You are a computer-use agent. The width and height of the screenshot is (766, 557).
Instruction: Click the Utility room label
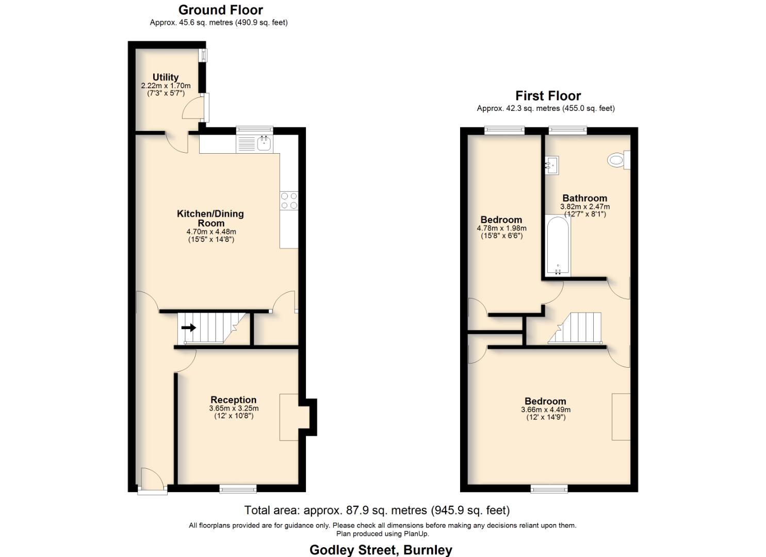tap(166, 77)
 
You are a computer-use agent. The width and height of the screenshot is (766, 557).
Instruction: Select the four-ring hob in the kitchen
tap(289, 201)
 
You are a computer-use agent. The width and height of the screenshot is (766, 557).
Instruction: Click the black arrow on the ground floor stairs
tap(188, 327)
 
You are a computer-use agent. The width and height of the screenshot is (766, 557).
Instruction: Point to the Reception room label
tap(233, 400)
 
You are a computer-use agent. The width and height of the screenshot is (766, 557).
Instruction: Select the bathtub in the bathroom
tap(558, 245)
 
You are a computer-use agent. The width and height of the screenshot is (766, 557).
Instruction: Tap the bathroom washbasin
tap(550, 166)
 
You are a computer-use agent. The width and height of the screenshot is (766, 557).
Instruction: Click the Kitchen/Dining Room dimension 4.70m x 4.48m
tap(211, 232)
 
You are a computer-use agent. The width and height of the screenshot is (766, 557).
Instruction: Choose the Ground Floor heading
tap(220, 10)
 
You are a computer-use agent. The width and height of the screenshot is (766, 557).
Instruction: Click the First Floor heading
tap(548, 96)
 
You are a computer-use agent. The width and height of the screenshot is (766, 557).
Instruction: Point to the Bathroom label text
tap(584, 198)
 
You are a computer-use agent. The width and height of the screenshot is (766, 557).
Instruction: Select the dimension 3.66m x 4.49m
tap(546, 410)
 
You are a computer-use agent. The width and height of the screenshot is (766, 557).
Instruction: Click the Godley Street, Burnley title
tap(381, 550)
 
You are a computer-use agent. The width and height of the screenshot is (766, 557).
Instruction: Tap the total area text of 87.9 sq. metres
tap(377, 511)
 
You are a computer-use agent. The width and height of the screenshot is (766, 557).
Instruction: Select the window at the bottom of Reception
tap(238, 488)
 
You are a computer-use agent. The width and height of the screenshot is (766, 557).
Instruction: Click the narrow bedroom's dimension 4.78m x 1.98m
tap(501, 228)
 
